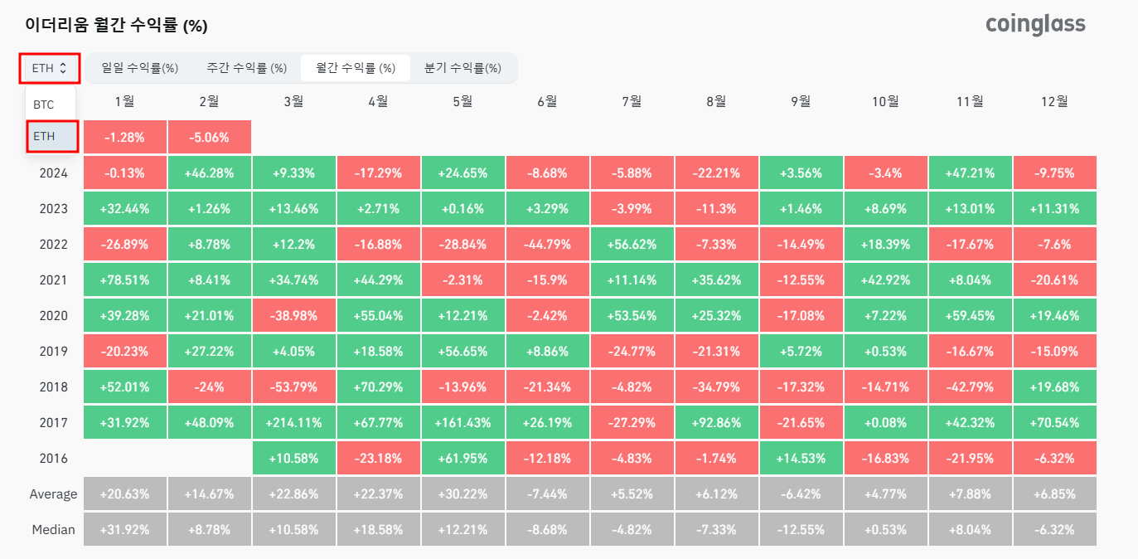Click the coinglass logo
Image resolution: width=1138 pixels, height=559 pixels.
click(x=1035, y=24)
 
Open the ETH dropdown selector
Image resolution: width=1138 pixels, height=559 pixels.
click(x=50, y=68)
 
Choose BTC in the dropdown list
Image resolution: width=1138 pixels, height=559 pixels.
click(x=44, y=105)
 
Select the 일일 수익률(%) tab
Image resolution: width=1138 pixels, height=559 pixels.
click(x=140, y=68)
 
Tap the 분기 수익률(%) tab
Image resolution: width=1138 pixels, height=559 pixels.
click(x=462, y=68)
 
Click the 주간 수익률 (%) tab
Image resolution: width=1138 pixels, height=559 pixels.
click(x=247, y=68)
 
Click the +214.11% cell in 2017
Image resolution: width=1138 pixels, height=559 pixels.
click(x=293, y=422)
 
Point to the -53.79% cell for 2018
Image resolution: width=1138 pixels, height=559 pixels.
click(x=293, y=386)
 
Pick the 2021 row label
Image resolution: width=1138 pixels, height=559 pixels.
click(x=53, y=280)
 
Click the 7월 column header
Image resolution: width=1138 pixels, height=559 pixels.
click(x=632, y=101)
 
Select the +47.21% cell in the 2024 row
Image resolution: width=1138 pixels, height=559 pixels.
click(x=970, y=173)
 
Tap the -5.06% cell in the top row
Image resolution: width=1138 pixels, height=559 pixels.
click(x=209, y=137)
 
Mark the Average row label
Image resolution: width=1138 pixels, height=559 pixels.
click(x=53, y=493)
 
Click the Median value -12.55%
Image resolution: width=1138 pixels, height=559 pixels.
click(x=801, y=529)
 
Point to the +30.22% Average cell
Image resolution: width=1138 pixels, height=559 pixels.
click(x=462, y=493)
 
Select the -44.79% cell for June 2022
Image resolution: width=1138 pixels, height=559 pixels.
click(x=547, y=245)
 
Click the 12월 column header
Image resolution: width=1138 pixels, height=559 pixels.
click(x=1054, y=101)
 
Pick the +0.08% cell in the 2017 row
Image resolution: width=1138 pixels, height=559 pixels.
click(x=885, y=422)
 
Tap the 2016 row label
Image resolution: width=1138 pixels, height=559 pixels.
click(x=53, y=458)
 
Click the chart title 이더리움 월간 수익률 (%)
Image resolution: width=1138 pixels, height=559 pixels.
click(x=116, y=26)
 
